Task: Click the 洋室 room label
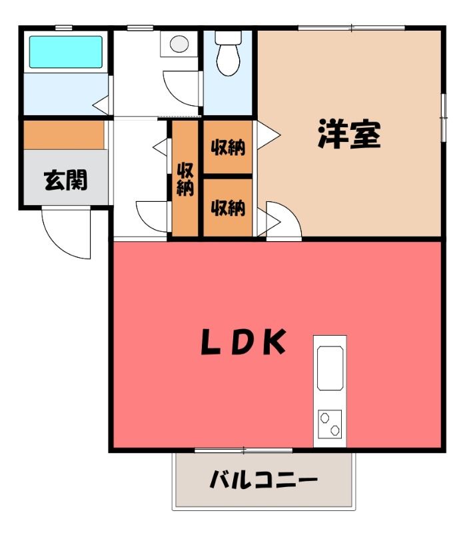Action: coord(349,134)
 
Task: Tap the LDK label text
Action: coord(243,342)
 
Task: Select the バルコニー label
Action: coord(263,480)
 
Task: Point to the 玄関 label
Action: coord(65,180)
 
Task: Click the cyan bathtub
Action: coord(65,52)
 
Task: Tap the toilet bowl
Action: coord(229,60)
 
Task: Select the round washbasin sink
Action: coord(179,44)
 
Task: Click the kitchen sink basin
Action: coord(330,368)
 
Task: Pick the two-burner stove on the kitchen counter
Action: coord(330,424)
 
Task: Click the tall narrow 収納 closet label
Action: coord(185,179)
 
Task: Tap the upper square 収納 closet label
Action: coord(228,147)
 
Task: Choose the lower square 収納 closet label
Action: coord(228,208)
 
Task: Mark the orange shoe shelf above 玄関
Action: coord(64,135)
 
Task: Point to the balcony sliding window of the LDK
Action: coord(243,450)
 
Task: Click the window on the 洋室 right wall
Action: coord(443,118)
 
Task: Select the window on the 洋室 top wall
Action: coord(351,28)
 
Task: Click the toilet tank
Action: coord(229,37)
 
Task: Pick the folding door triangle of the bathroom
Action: coord(101,105)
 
